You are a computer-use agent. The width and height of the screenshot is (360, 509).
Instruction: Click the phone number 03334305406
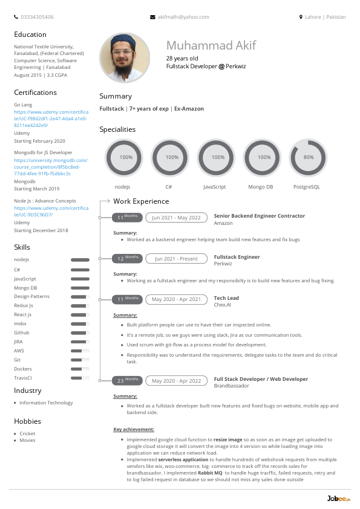[36, 17]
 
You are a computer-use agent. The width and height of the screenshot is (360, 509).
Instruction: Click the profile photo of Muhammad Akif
[125, 58]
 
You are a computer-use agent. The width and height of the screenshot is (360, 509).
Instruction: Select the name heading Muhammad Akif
[211, 45]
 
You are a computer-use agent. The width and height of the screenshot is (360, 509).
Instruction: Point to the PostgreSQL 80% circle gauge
[309, 157]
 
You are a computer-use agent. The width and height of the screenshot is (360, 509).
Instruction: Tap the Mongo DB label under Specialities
[261, 187]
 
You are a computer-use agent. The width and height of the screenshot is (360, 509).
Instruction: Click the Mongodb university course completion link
[51, 167]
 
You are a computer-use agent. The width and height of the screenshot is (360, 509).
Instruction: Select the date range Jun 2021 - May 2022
[176, 218]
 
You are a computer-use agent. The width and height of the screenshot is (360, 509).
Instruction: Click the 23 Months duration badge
[127, 381]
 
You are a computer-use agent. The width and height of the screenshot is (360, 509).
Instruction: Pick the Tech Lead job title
[226, 299]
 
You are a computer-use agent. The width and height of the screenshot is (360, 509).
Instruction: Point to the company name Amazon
[223, 223]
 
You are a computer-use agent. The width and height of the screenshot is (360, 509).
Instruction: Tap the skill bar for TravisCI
[80, 378]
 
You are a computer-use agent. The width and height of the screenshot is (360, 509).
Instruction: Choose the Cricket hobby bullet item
[27, 433]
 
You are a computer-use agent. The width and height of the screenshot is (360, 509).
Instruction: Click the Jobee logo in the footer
[334, 498]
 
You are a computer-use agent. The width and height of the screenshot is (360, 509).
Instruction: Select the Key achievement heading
[134, 429]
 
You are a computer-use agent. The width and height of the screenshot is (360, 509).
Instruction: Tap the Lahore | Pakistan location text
[325, 17]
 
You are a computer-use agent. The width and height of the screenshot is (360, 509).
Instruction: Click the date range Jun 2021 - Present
[176, 259]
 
